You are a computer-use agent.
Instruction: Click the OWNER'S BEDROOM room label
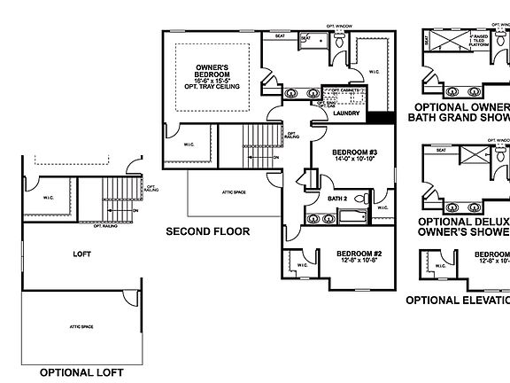(x=212, y=67)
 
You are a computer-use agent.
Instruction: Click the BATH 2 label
(x=338, y=199)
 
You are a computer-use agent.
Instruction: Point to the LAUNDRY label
(x=346, y=113)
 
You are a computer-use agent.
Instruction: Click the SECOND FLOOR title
(x=207, y=231)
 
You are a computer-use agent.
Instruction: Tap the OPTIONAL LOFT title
(x=81, y=371)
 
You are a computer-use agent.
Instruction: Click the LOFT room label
(x=81, y=254)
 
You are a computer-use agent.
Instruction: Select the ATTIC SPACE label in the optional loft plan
(x=81, y=327)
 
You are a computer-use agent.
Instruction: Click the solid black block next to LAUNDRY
(x=381, y=118)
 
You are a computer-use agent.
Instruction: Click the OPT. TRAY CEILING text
(x=212, y=87)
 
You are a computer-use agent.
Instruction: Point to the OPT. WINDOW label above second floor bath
(x=339, y=26)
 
